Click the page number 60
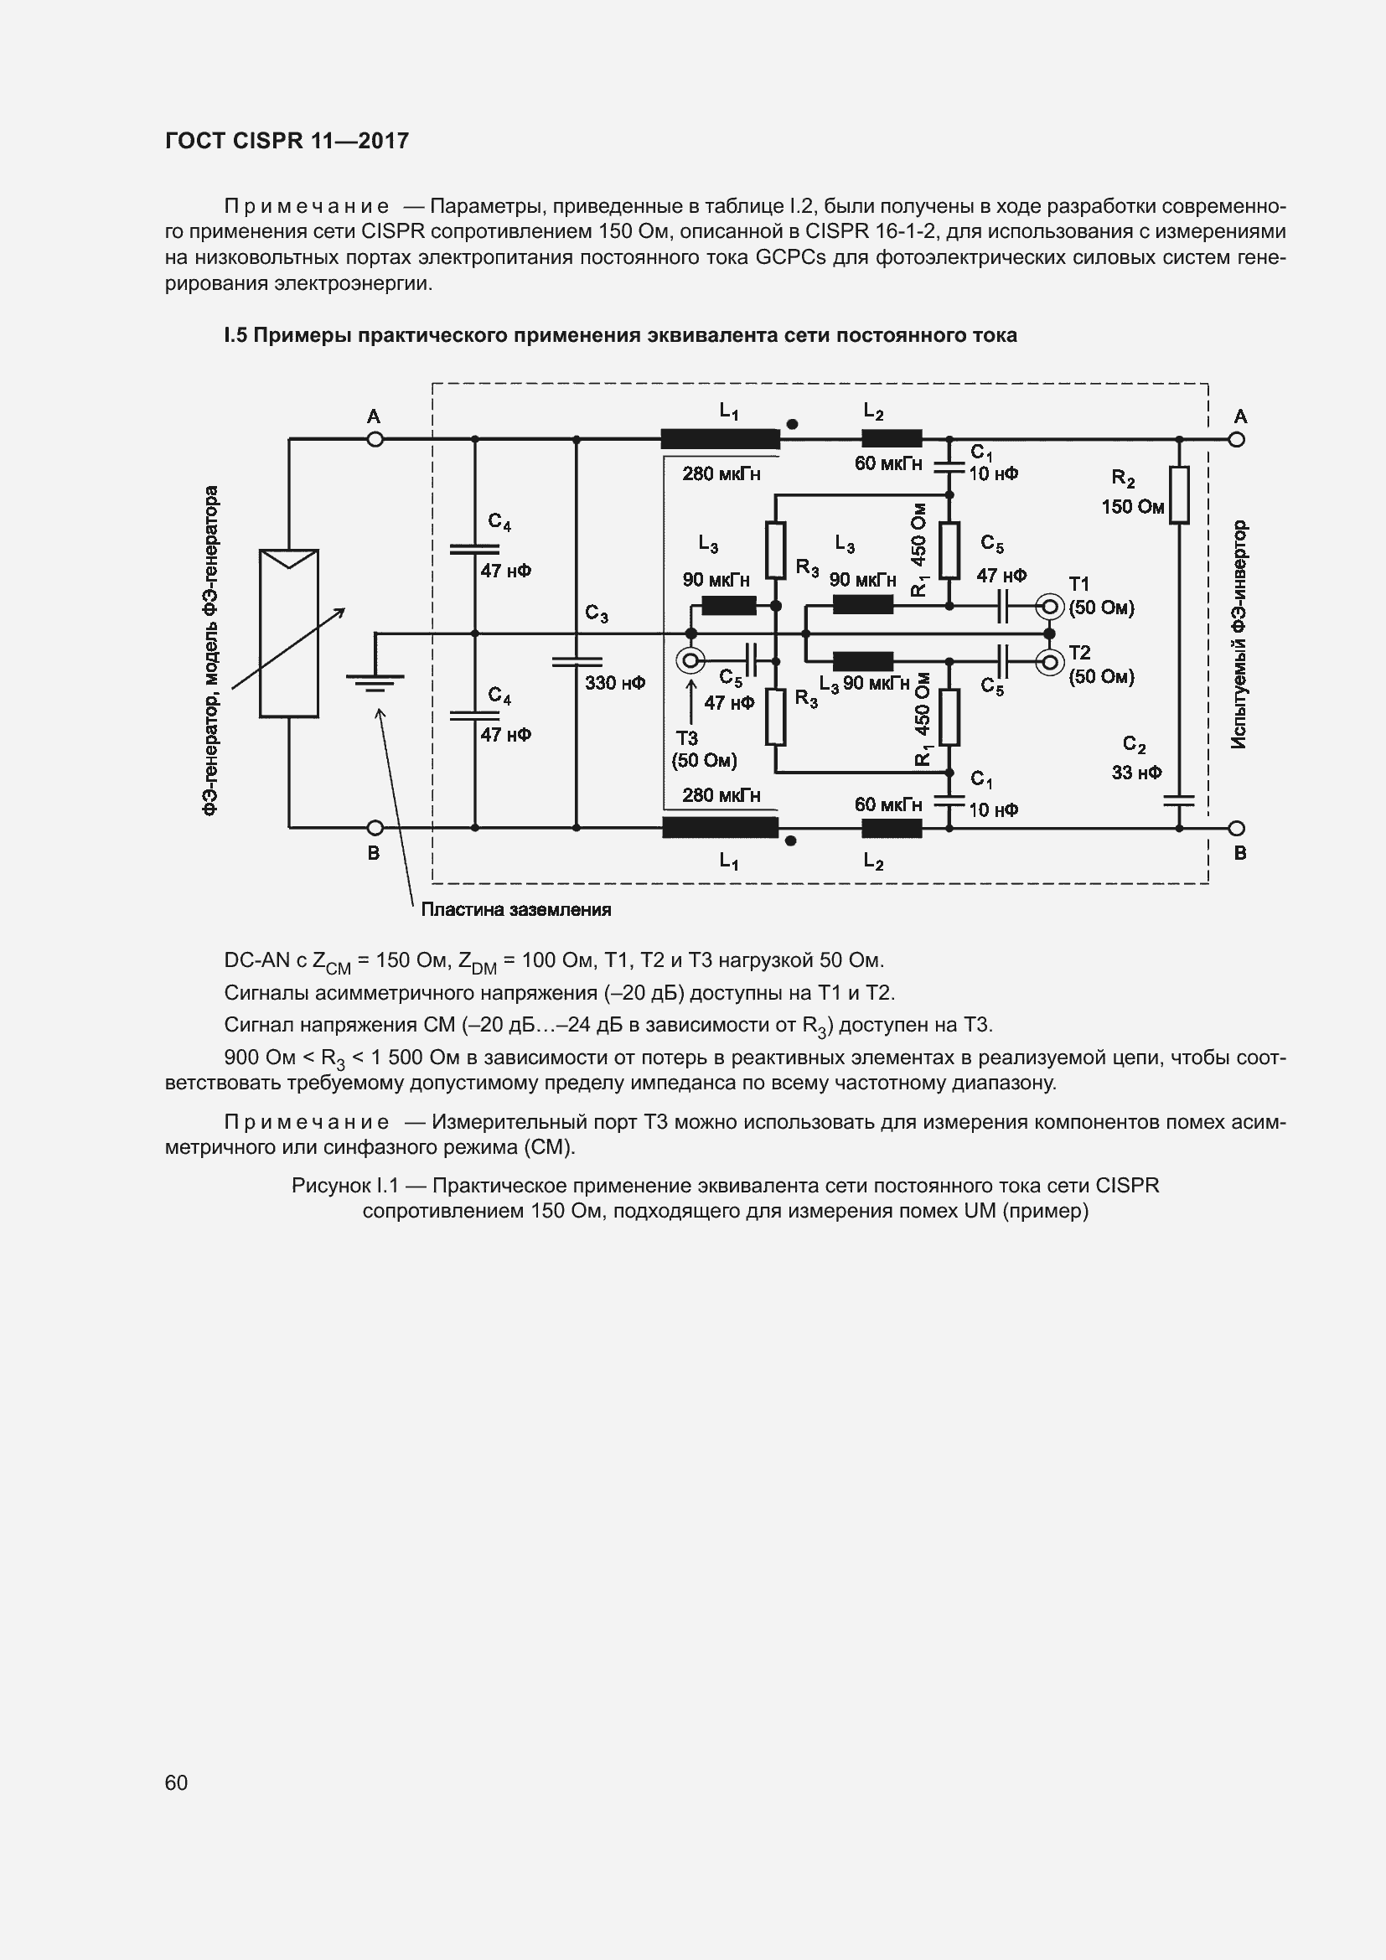[x=176, y=1782]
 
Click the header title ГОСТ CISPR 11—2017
[x=287, y=141]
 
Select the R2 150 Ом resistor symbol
[x=1179, y=494]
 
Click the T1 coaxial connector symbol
[x=1049, y=607]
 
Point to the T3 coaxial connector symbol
[x=690, y=660]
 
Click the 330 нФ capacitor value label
[x=614, y=683]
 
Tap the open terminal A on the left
[x=375, y=440]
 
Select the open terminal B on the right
[x=1237, y=828]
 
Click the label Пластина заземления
[x=515, y=910]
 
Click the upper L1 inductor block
[x=721, y=440]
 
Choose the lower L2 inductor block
[x=892, y=828]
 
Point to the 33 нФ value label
[x=1136, y=773]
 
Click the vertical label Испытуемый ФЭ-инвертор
[x=1239, y=635]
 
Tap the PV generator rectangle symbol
[x=288, y=634]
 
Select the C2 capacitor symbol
[x=1179, y=802]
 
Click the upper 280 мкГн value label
[x=721, y=473]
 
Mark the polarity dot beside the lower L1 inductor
[x=790, y=840]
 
